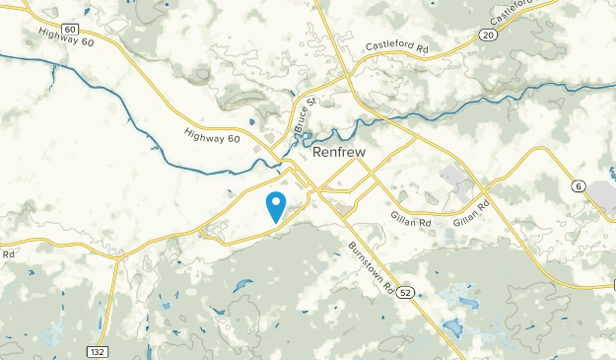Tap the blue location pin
pyautogui.click(x=276, y=206)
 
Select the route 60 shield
pyautogui.click(x=69, y=30)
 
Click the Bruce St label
pyautogui.click(x=303, y=116)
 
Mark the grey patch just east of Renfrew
pyautogui.click(x=456, y=180)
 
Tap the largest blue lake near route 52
pyautogui.click(x=452, y=327)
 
